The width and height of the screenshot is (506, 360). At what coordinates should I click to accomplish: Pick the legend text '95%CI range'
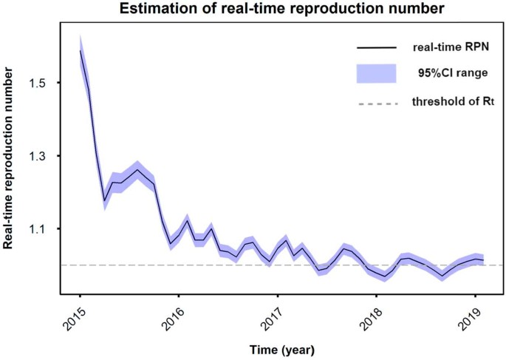point(448,74)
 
